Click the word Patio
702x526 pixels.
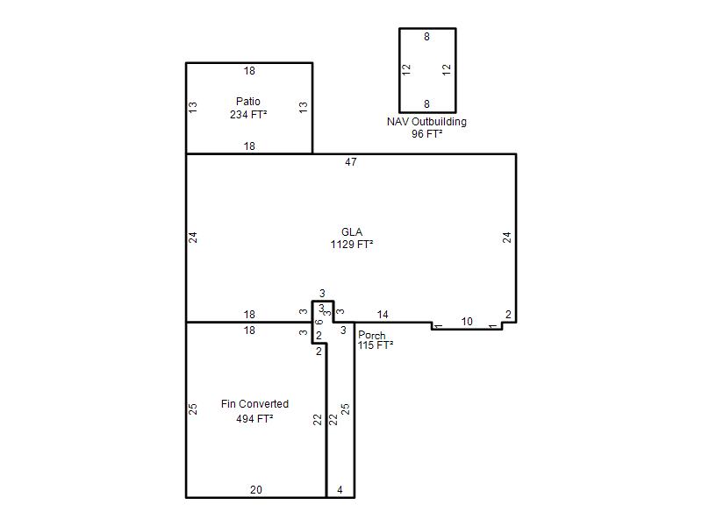(x=248, y=101)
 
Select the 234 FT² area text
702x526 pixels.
(x=248, y=115)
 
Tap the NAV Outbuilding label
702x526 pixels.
(x=426, y=122)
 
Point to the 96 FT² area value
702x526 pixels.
(x=427, y=134)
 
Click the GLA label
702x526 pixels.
(x=352, y=232)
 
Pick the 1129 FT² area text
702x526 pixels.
(x=352, y=245)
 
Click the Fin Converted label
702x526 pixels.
(x=254, y=404)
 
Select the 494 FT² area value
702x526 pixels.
(x=254, y=419)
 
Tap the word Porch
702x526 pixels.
(x=371, y=335)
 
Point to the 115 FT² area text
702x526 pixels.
(x=376, y=345)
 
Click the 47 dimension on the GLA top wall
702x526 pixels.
(x=351, y=162)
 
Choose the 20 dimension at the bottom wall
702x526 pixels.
(x=256, y=490)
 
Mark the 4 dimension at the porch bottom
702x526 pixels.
(x=340, y=490)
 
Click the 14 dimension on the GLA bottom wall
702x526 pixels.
(x=383, y=315)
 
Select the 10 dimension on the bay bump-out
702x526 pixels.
(x=467, y=322)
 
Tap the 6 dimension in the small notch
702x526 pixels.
(x=319, y=322)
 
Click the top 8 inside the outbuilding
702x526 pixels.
(x=426, y=37)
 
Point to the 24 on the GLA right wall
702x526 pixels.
(x=507, y=238)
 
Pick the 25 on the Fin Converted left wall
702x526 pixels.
(x=193, y=409)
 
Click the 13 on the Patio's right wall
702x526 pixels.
(x=304, y=107)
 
